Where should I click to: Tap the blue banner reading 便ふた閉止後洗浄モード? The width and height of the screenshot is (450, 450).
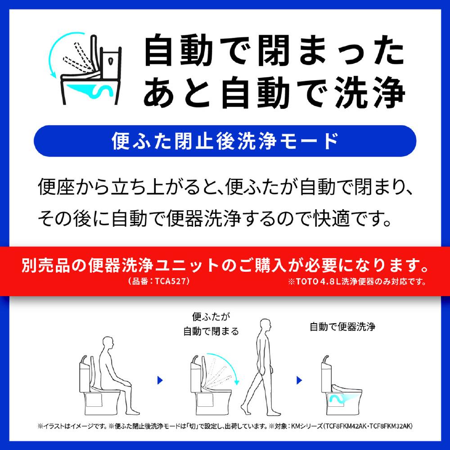(x=225, y=141)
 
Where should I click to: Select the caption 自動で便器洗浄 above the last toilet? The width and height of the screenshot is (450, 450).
(x=342, y=327)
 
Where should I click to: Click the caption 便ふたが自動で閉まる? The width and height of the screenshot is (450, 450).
(x=211, y=324)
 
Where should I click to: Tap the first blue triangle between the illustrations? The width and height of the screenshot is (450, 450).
(x=160, y=380)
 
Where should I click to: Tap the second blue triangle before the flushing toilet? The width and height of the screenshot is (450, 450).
(x=299, y=380)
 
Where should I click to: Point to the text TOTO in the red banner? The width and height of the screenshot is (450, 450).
(x=307, y=282)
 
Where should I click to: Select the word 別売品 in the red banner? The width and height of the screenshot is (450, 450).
(x=45, y=265)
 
